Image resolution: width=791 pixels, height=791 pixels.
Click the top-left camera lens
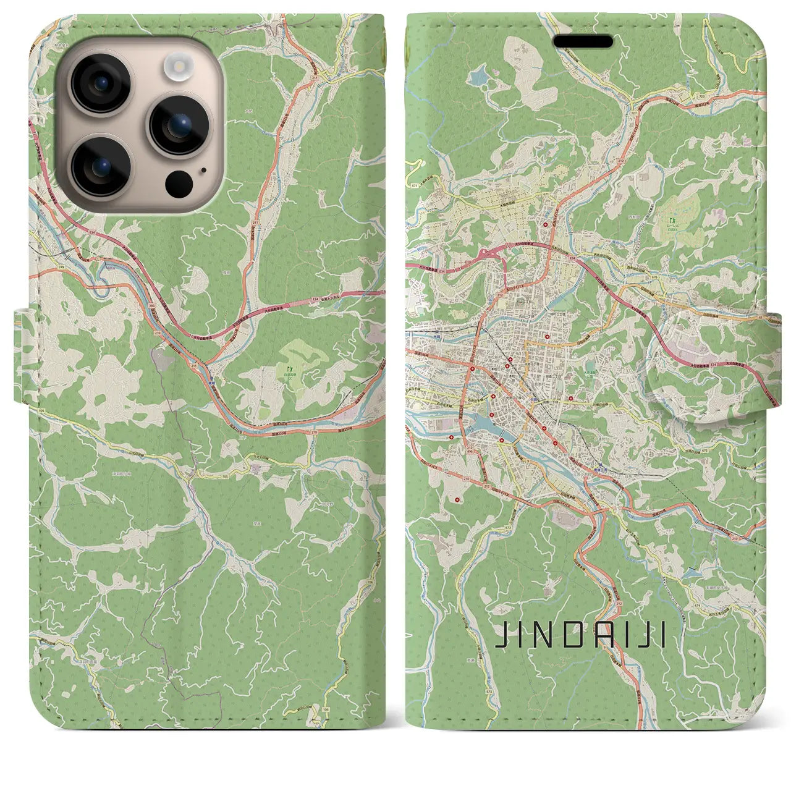coord(99,83)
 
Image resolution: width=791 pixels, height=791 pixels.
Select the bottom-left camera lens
coord(99,166)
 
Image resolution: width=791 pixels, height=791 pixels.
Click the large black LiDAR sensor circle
coord(179,184)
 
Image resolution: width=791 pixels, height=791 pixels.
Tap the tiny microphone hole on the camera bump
coord(203,169)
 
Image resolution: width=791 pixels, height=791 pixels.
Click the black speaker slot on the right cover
coord(582,41)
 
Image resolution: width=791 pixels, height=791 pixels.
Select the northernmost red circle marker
coord(546,224)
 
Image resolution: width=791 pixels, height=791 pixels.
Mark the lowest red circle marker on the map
coord(457,499)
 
